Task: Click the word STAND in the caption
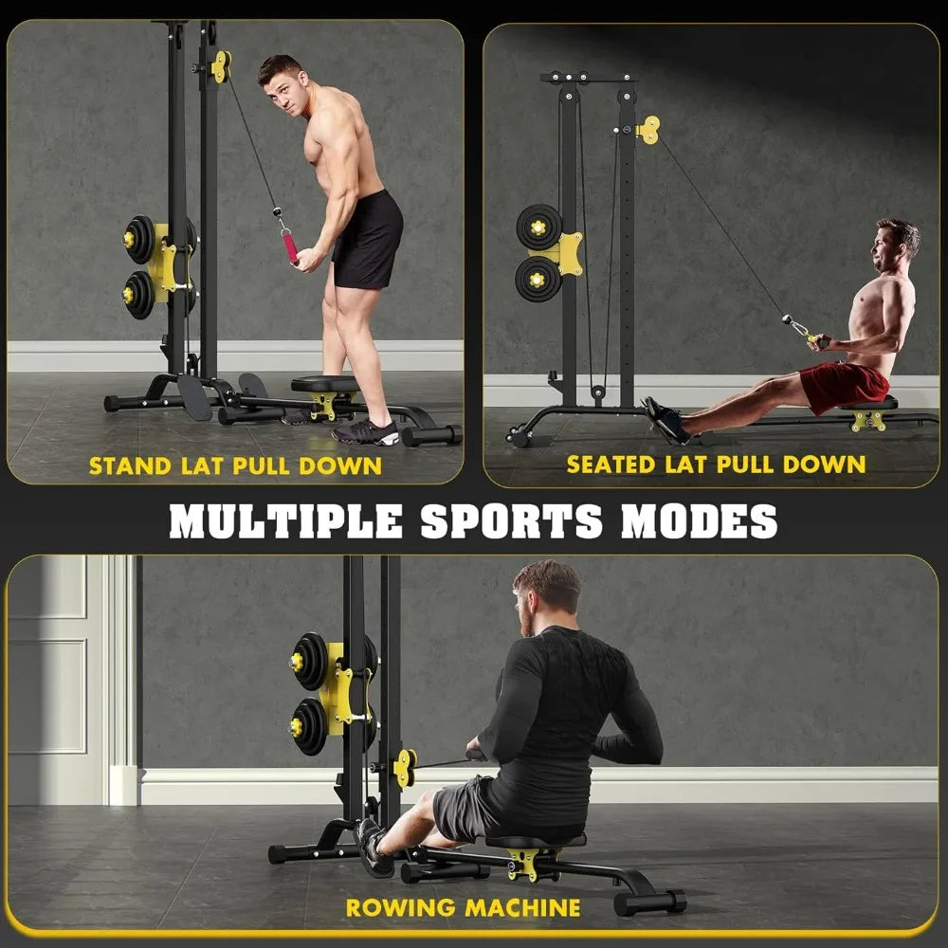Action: click(127, 465)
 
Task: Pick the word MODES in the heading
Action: click(699, 520)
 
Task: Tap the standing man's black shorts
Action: click(367, 239)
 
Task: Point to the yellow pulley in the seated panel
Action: click(649, 130)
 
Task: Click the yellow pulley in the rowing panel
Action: click(406, 767)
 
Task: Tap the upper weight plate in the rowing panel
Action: click(310, 661)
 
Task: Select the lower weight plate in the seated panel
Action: click(538, 279)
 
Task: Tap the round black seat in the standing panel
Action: click(324, 384)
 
